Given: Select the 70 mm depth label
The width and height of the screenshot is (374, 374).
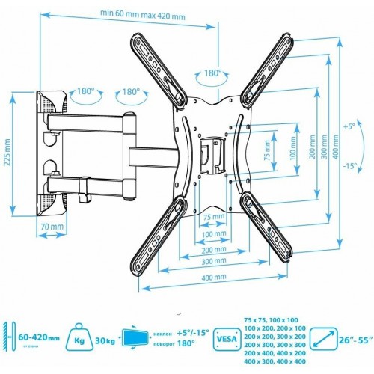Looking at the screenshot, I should pos(52,226).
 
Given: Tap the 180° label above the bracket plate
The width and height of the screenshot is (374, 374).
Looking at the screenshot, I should pos(215,73).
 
